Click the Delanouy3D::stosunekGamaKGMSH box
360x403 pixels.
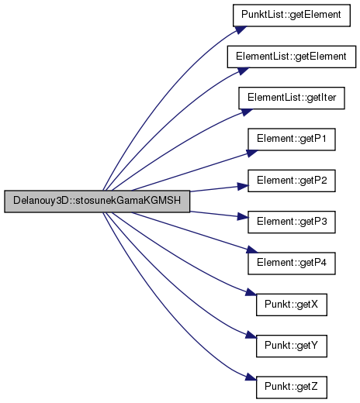pos(97,201)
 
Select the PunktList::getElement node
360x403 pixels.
pos(292,15)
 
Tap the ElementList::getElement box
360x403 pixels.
pos(292,57)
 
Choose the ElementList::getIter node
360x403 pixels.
pos(292,98)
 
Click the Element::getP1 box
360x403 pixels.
pos(292,139)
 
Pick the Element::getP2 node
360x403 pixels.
pos(292,181)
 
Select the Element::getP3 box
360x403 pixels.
pos(292,222)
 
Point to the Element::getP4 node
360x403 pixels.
pos(292,263)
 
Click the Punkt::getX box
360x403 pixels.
pos(292,305)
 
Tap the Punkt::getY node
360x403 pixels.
pos(292,346)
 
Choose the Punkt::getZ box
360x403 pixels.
pos(292,387)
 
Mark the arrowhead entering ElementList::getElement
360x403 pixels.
pos(244,71)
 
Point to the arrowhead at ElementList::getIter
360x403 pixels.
pos(247,112)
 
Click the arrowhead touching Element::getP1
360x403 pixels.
pos(252,153)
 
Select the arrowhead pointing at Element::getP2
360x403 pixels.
pos(243,186)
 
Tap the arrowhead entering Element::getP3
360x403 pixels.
pos(243,217)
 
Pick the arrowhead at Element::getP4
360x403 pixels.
pos(252,250)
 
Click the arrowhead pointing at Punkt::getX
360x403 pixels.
pos(251,292)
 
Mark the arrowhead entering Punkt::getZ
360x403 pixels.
pos(251,377)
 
